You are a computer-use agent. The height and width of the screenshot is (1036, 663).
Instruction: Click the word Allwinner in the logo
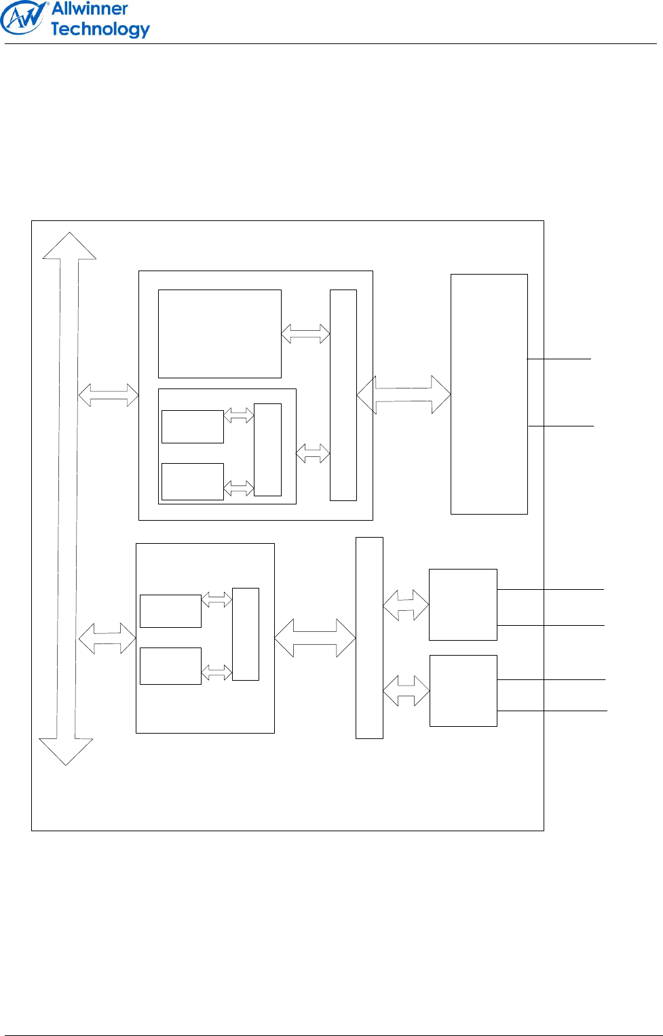pos(90,9)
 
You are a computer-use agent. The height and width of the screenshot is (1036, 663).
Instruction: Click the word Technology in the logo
pos(100,29)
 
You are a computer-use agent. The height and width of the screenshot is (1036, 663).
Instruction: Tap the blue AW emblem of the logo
pos(23,18)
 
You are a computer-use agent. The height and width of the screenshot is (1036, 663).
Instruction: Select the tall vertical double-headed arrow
pos(67,498)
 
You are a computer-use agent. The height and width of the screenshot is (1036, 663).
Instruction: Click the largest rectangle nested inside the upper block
pos(219,334)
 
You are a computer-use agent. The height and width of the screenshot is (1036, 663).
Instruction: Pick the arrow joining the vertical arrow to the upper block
pos(109,395)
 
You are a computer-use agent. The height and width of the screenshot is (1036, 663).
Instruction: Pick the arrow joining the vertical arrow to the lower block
pos(107,638)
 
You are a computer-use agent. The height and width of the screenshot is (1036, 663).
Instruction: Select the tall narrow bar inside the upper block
pos(343,395)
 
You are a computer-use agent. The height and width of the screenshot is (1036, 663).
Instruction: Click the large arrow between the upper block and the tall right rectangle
pos(404,395)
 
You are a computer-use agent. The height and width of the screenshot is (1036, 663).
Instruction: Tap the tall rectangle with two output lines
pos(489,394)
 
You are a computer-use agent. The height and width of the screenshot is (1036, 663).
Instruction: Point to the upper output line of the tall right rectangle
pos(559,359)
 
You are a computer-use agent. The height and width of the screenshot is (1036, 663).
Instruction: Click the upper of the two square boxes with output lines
pos(463,604)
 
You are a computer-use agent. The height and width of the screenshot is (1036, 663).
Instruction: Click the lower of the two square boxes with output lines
pos(463,690)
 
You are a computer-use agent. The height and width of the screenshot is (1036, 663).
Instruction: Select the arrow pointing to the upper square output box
pos(406,605)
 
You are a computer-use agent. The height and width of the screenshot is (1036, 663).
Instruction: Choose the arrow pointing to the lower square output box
pos(406,691)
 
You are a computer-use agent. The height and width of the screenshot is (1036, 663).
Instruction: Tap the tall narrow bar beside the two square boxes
pos(369,637)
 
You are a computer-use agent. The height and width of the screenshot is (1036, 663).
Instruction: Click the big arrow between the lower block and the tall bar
pos(315,638)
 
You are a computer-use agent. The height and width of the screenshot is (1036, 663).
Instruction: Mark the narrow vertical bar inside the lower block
pos(245,634)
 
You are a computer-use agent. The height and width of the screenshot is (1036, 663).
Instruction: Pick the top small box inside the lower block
pos(170,611)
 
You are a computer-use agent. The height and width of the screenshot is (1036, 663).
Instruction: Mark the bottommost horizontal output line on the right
pos(552,711)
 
